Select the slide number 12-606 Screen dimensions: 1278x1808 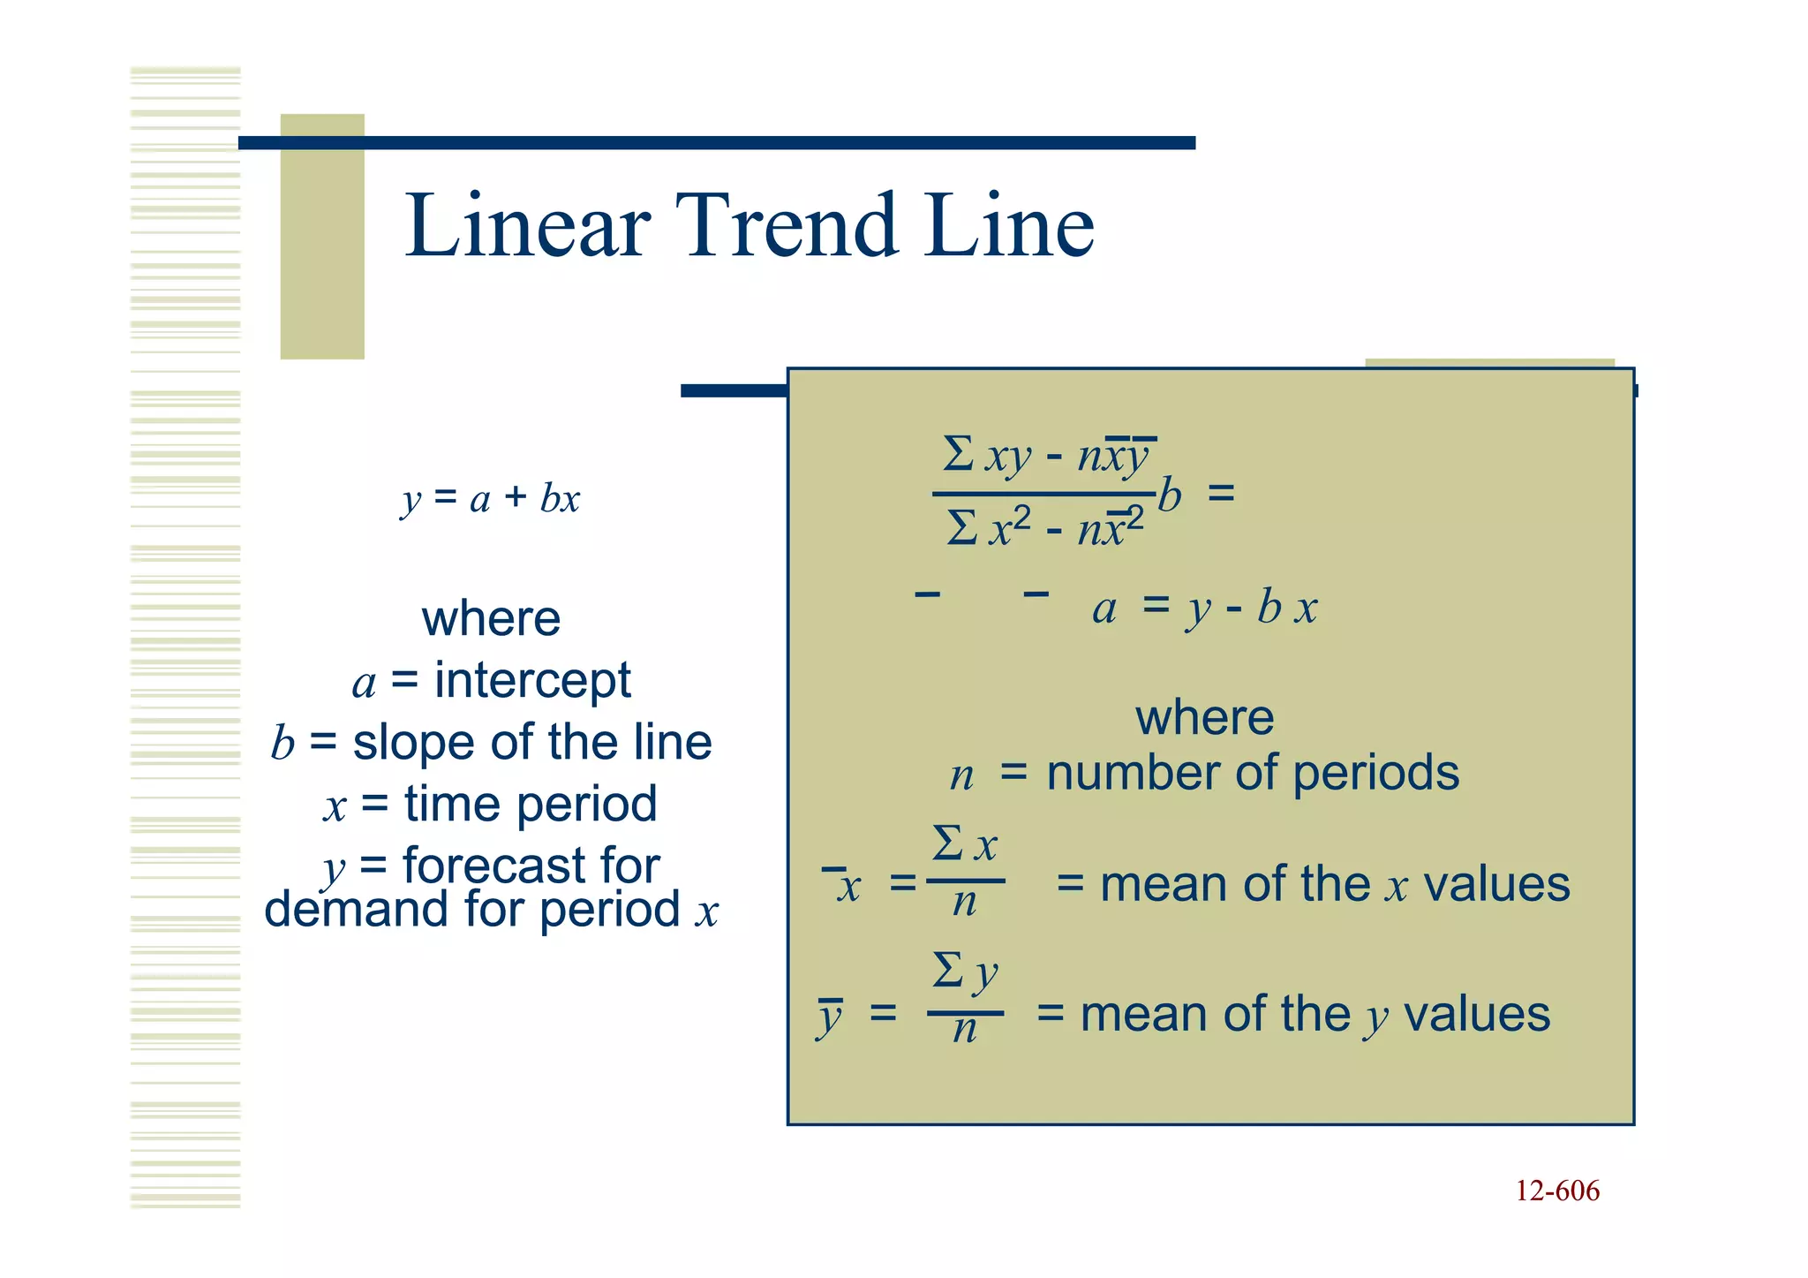pyautogui.click(x=1557, y=1191)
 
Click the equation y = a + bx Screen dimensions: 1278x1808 pyautogui.click(x=491, y=499)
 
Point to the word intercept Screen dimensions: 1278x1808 pyautogui.click(x=532, y=680)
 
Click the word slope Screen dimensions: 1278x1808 pyautogui.click(x=416, y=742)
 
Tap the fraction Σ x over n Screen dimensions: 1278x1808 pyautogui.click(x=965, y=873)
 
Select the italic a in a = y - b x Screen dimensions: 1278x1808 pyautogui.click(x=1104, y=609)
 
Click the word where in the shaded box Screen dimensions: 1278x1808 pyautogui.click(x=1204, y=717)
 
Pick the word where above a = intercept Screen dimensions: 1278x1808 pyautogui.click(x=491, y=618)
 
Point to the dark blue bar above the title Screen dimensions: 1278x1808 pyautogui.click(x=717, y=143)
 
